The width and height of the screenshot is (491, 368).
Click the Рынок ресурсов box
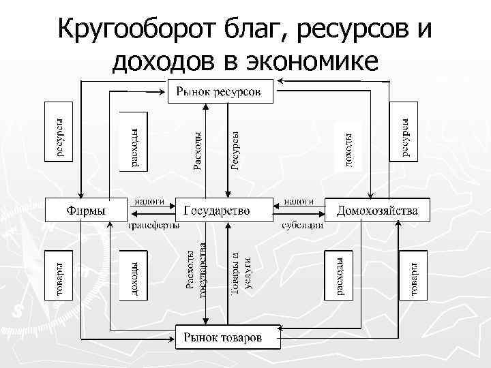point(220,91)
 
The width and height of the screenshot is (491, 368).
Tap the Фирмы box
point(86,209)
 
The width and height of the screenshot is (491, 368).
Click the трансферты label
point(154,225)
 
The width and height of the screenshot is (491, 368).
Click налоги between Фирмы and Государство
point(149,201)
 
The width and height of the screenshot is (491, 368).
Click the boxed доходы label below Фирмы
point(134,276)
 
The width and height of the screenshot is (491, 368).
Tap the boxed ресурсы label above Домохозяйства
point(403,131)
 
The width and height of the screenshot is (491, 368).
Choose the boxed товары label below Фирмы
point(59,276)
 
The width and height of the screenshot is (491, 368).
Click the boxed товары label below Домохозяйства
point(413,276)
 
